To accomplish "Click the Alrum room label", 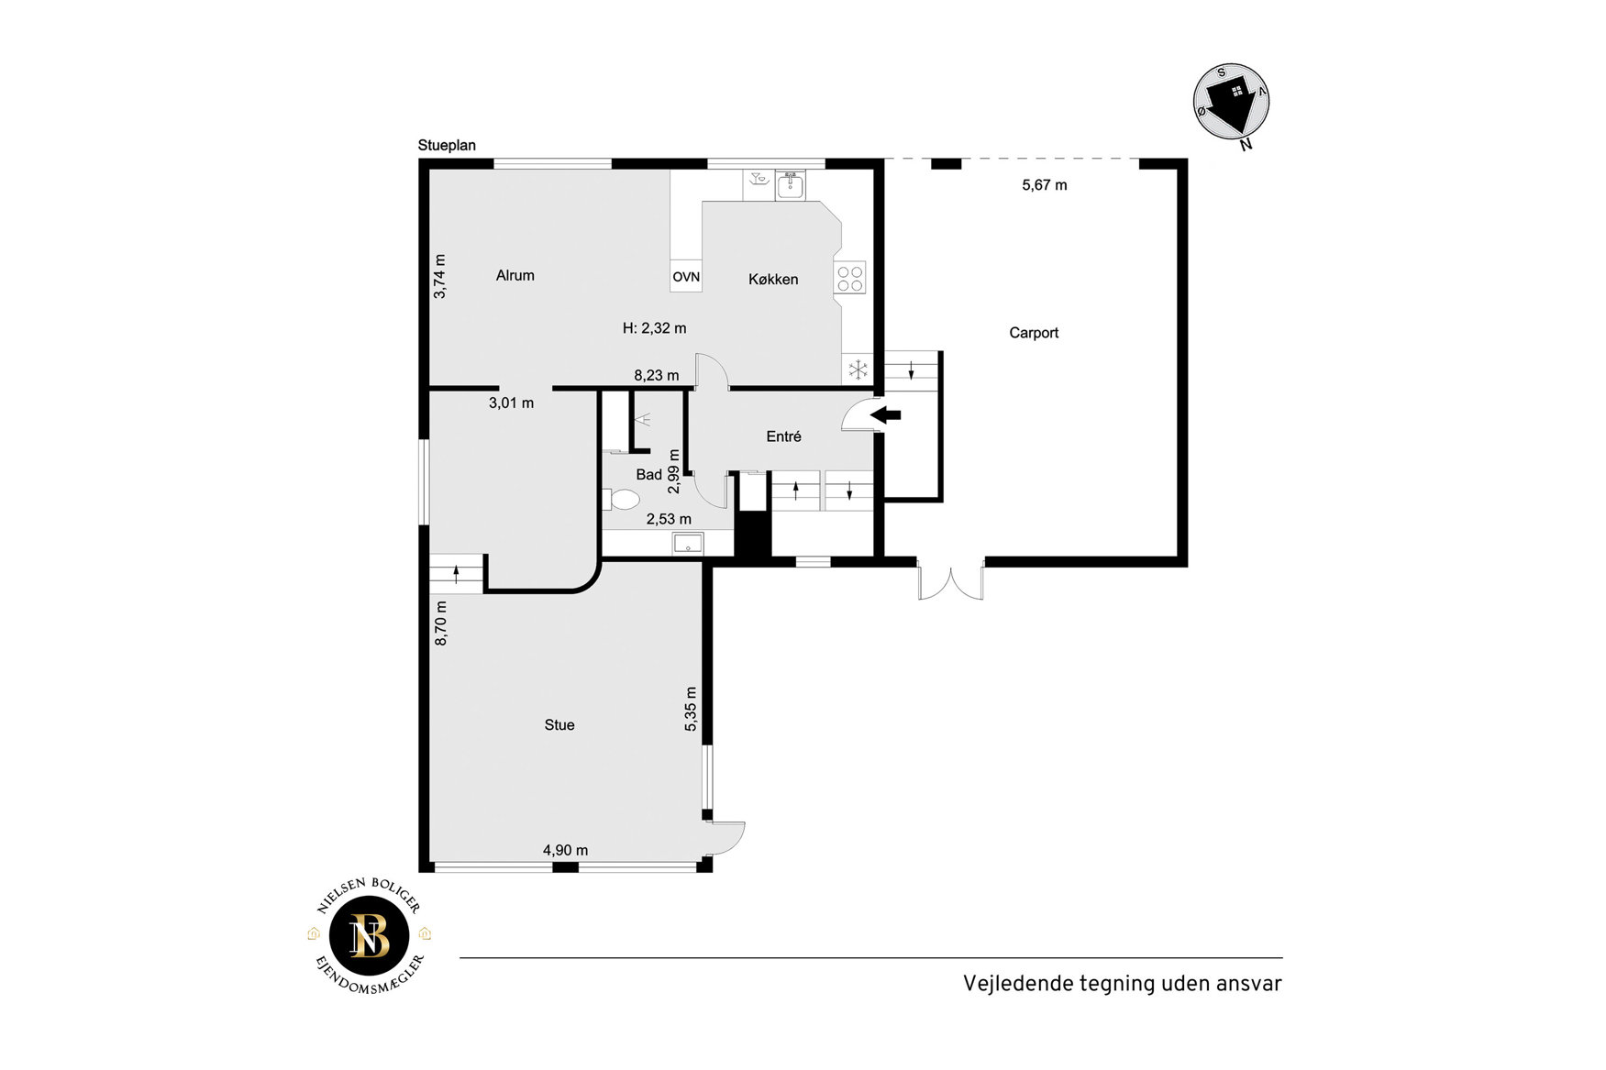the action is click(x=515, y=275).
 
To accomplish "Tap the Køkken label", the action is click(x=773, y=280).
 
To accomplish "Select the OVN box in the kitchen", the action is click(x=686, y=277).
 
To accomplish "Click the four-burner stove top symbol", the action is click(x=850, y=278).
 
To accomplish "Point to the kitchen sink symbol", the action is click(x=790, y=185).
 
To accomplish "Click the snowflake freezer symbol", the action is click(x=858, y=370).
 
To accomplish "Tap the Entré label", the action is click(x=783, y=437).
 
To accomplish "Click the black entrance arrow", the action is click(x=885, y=415).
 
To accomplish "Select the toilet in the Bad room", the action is click(x=622, y=500).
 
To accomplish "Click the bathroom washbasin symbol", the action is click(x=688, y=544).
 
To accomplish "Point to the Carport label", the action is click(x=1034, y=333).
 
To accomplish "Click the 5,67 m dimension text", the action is click(x=1045, y=185).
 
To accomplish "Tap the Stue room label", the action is click(x=559, y=725).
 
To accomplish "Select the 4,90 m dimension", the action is click(x=565, y=850).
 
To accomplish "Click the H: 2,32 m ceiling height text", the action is click(x=654, y=328).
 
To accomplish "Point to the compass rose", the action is click(x=1232, y=103).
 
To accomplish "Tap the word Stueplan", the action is click(x=447, y=146).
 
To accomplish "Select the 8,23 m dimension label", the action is click(x=657, y=375).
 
